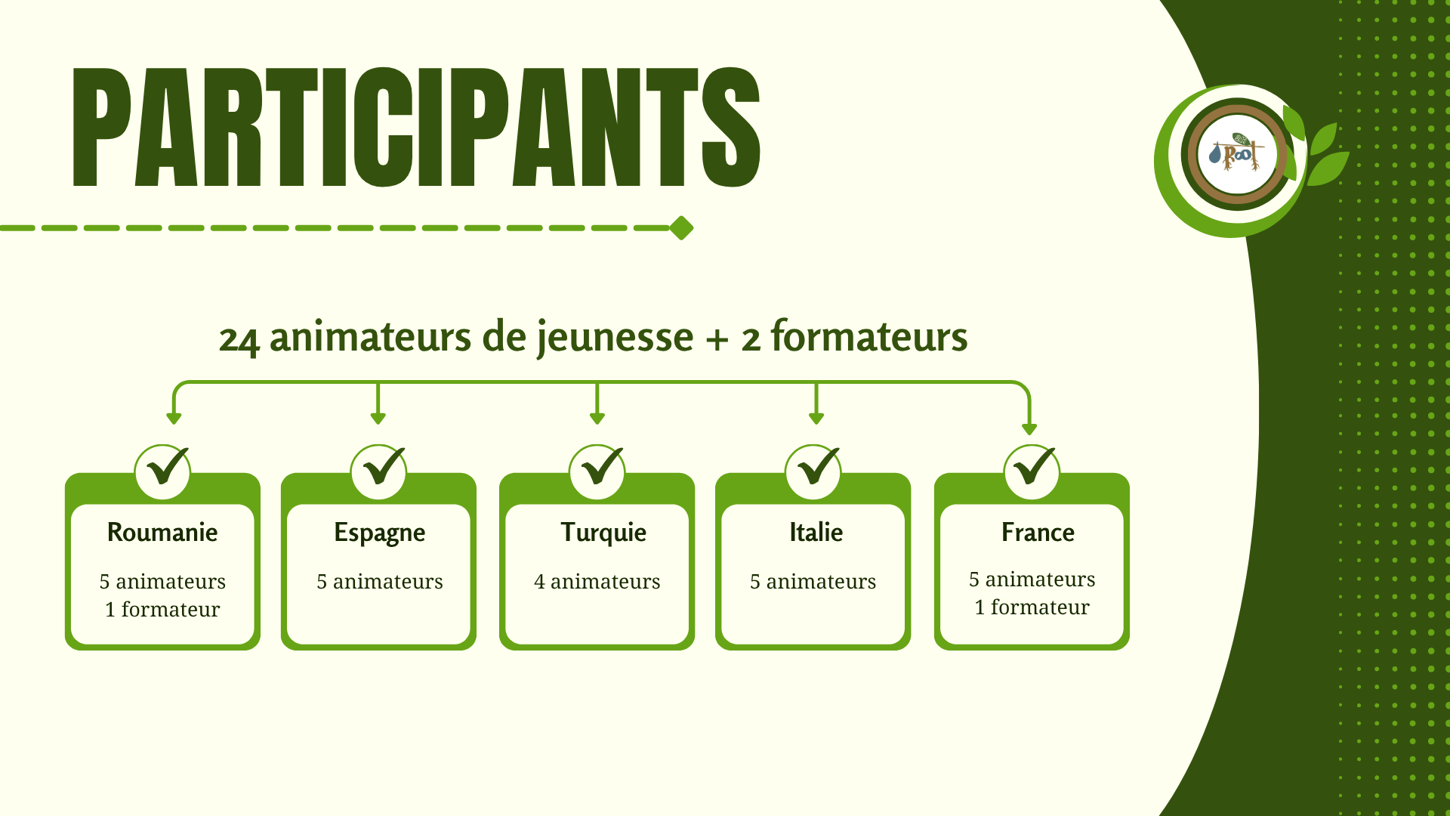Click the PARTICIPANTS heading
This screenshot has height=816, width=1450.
click(415, 127)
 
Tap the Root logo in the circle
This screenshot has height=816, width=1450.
click(1237, 154)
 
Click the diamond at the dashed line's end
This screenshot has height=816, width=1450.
click(681, 227)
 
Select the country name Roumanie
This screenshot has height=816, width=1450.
click(162, 533)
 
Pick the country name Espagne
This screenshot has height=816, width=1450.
click(379, 533)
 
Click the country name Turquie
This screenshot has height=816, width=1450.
click(603, 533)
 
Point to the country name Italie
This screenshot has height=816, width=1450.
click(816, 533)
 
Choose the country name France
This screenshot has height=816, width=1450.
click(1038, 533)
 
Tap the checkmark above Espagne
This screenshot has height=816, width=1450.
click(381, 468)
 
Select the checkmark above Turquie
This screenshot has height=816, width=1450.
click(600, 468)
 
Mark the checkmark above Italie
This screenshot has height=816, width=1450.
click(816, 468)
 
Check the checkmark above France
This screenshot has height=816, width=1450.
click(1032, 468)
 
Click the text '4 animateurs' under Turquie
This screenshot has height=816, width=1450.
click(597, 582)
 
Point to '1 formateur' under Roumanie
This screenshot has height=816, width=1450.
click(162, 610)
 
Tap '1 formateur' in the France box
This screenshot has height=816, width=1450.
click(1032, 607)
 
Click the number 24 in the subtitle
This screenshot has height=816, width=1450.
click(239, 339)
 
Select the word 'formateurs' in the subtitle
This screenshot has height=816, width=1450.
click(868, 337)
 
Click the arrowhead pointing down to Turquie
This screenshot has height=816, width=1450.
click(597, 418)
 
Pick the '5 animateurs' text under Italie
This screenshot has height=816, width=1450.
click(813, 582)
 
